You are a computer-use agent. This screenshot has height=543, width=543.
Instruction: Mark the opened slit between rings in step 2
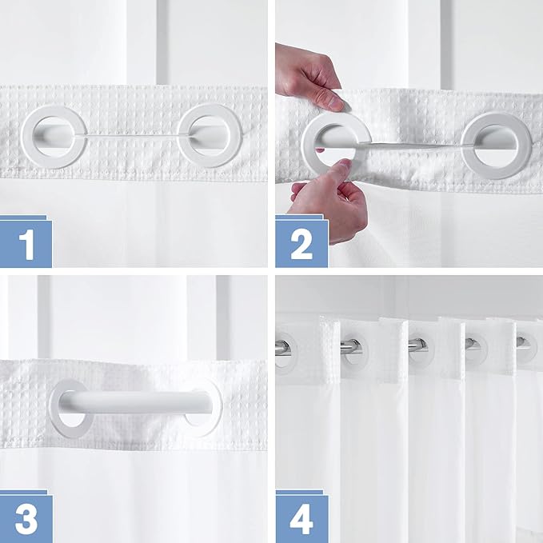pos(408,143)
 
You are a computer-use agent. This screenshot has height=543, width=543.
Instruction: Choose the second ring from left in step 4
pos(349,348)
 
